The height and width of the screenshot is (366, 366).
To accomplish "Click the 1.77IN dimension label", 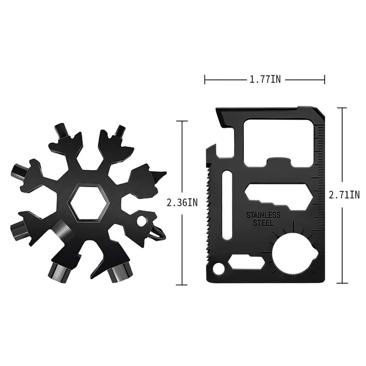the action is [265, 80].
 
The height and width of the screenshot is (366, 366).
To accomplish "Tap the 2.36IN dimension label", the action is [182, 202].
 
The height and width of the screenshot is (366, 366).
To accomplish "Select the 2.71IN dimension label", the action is [344, 195].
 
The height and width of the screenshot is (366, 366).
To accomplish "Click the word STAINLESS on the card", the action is [263, 215].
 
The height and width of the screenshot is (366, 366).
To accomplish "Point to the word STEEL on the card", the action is [263, 223].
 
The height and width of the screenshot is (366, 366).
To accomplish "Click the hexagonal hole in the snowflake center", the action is [88, 202].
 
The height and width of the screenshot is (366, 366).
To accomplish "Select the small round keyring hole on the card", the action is [218, 268].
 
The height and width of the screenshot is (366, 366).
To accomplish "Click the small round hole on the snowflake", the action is [141, 221].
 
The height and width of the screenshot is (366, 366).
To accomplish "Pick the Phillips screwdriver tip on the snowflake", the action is [159, 234].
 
